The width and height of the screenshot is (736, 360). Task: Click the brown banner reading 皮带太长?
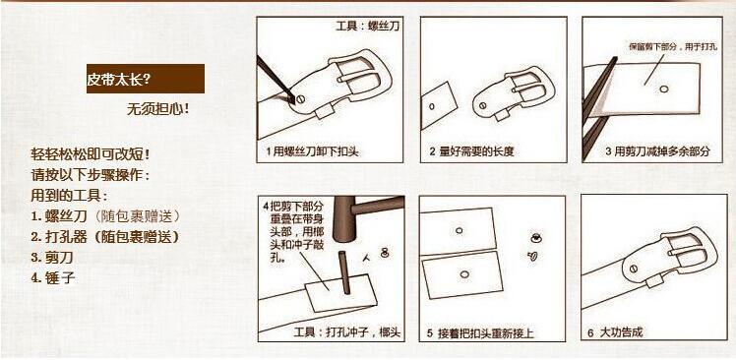tap(145, 79)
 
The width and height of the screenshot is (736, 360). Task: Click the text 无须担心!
tap(157, 108)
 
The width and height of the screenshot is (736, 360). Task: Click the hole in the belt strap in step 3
tap(665, 90)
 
